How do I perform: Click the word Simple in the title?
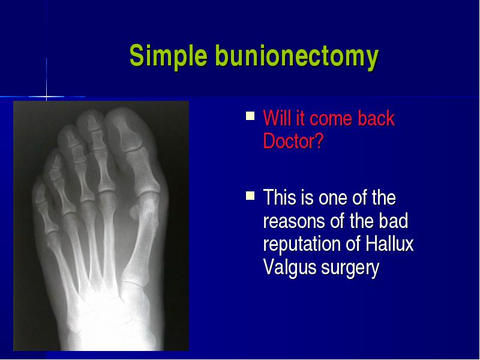(168, 56)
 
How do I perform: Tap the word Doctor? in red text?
(293, 141)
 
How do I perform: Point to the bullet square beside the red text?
(250, 116)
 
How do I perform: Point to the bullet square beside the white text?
(250, 196)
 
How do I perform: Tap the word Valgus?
(290, 268)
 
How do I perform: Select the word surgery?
(350, 268)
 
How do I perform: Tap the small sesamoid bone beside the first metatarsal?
(134, 212)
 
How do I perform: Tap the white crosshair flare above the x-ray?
(47, 97)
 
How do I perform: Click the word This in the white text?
(280, 197)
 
